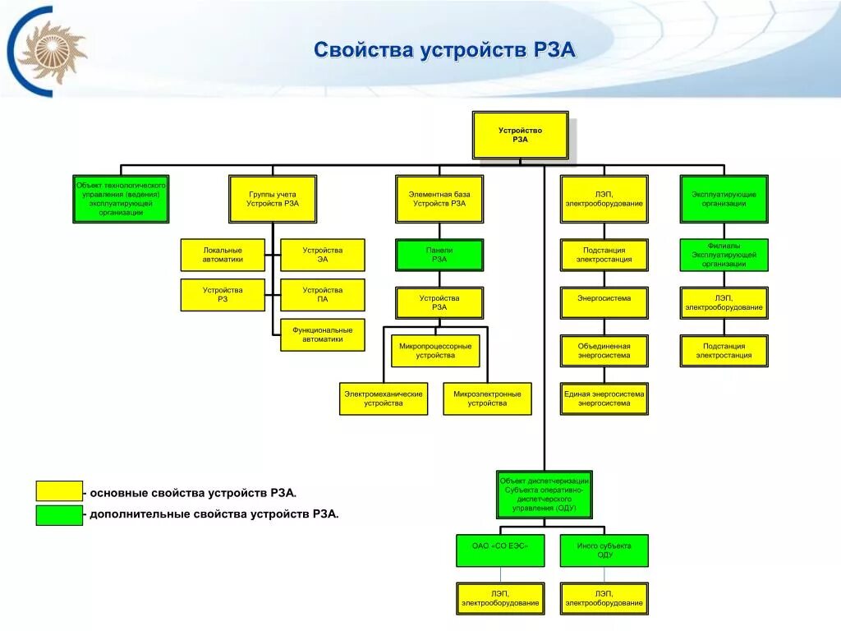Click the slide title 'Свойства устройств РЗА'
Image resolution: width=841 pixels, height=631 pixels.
444,51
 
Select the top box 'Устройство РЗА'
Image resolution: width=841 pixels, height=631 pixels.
520,136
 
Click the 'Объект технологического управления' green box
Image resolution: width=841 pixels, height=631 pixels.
121,199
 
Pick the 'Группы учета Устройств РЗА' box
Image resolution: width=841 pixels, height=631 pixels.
273,199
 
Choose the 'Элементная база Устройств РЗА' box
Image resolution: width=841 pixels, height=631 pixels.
439,199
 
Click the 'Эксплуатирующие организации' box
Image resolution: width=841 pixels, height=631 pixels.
724,199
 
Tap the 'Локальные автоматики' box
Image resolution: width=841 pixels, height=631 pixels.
223,255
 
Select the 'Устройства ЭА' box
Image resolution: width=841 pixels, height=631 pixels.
322,255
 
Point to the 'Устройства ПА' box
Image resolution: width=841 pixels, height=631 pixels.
322,295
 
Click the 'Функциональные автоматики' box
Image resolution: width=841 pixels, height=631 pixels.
322,334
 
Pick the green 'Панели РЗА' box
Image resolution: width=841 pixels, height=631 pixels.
439,255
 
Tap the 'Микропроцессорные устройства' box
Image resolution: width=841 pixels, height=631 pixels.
435,351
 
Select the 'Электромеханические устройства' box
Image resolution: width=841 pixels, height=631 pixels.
384,398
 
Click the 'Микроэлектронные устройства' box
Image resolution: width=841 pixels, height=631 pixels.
487,398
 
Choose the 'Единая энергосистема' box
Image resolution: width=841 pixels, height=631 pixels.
604,398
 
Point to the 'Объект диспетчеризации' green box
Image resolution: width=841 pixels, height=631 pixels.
544,495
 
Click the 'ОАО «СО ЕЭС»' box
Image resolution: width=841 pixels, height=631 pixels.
500,550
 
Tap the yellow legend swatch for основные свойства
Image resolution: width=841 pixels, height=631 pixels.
59,492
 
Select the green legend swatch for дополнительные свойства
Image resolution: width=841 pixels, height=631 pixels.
59,515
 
